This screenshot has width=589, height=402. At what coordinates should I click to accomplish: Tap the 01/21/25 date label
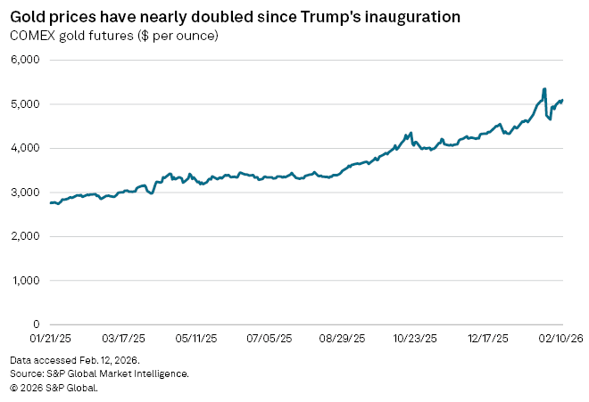pos(51,340)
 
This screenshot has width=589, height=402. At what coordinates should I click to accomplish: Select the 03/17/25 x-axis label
pos(124,340)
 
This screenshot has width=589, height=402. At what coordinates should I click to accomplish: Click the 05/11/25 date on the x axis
pos(197,340)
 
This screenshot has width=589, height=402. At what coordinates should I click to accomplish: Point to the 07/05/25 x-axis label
pos(270,340)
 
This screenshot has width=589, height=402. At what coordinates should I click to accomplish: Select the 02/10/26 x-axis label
pos(562,340)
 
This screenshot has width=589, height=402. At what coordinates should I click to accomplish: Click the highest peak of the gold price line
pos(544,89)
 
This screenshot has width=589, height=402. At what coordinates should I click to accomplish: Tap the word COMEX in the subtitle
pos(32,36)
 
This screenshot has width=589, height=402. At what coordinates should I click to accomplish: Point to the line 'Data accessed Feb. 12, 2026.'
pos(75,359)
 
